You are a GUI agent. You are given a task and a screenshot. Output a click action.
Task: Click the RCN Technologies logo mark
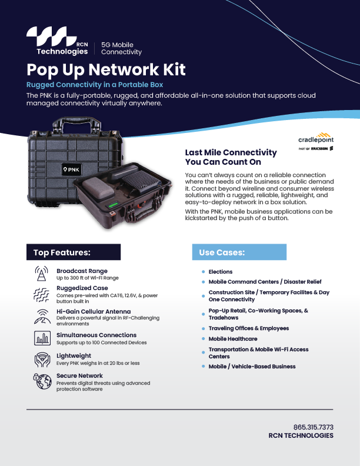tap(52, 36)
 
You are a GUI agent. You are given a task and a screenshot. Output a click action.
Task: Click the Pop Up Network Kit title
tap(106, 69)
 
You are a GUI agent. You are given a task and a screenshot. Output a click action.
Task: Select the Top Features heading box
tap(73, 252)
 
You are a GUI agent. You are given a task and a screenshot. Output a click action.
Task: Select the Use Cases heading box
tap(239, 252)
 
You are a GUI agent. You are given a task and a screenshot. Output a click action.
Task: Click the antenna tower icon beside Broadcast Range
tap(41, 274)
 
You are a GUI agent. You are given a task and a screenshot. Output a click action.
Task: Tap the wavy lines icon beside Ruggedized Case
tap(41, 294)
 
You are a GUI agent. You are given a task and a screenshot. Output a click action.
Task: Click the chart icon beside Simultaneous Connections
tap(41, 338)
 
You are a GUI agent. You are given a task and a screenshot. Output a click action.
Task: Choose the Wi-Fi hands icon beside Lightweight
tap(41, 359)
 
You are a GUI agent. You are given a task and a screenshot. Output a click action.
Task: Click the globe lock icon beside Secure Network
tap(41, 381)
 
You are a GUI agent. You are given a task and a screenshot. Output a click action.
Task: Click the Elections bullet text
tap(221, 272)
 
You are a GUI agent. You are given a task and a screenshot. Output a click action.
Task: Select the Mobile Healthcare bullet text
tap(233, 339)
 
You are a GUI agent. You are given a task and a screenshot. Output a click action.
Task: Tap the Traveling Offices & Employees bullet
tap(249, 328)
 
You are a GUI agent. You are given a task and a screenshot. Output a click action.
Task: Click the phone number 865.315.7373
tap(313, 427)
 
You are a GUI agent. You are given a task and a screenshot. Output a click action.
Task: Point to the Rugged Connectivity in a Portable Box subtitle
tap(95, 85)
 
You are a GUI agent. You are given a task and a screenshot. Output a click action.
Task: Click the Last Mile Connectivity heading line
tap(231, 152)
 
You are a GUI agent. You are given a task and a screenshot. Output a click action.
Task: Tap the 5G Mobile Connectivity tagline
tap(122, 48)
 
